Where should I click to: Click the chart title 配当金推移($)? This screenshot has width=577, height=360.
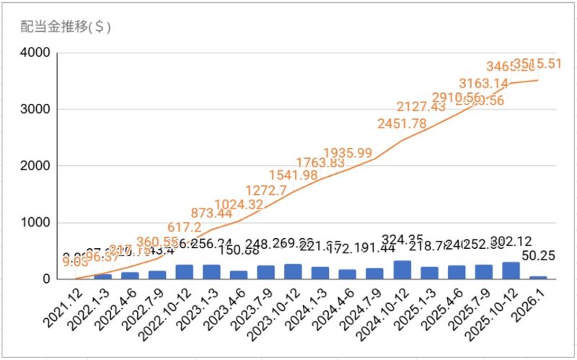pyautogui.click(x=66, y=27)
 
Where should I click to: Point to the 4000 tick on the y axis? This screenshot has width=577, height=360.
pyautogui.click(x=35, y=53)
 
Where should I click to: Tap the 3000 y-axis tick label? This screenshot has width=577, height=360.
pyautogui.click(x=35, y=110)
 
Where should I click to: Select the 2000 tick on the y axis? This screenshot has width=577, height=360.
pyautogui.click(x=35, y=166)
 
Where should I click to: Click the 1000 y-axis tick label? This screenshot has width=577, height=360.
pyautogui.click(x=35, y=222)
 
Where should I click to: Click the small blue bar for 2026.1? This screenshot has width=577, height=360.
pyautogui.click(x=538, y=277)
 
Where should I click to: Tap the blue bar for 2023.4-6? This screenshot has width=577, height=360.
pyautogui.click(x=238, y=275)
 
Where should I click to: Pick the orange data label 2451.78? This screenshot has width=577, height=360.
pyautogui.click(x=402, y=123)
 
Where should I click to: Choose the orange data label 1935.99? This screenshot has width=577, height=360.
pyautogui.click(x=348, y=153)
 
